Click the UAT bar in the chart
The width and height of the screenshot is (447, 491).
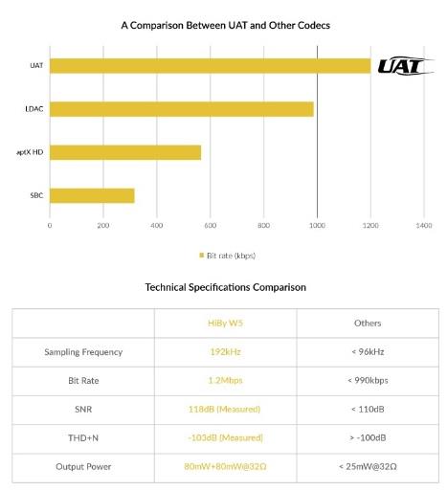(210, 66)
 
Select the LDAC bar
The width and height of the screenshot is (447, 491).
(182, 109)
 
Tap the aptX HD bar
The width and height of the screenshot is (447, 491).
(125, 152)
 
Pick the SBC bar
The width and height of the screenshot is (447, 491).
(92, 195)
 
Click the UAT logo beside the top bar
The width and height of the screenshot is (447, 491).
(406, 66)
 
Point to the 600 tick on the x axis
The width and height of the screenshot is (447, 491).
(210, 226)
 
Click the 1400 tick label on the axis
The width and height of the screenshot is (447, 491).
(424, 226)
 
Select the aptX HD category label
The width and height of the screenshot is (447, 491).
(30, 152)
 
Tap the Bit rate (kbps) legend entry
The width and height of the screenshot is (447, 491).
(227, 256)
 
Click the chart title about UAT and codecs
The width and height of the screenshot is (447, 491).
(225, 25)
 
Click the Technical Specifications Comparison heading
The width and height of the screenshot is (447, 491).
(226, 287)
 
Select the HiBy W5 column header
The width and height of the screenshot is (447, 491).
(225, 323)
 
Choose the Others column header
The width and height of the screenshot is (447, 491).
(368, 323)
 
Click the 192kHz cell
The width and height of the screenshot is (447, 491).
(225, 351)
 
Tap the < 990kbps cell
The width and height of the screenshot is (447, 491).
(368, 380)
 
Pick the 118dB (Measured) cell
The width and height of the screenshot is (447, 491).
(224, 409)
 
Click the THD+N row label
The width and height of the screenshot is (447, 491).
(83, 437)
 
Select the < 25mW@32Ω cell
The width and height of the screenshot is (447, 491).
(368, 466)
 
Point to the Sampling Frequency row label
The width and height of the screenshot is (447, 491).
(83, 352)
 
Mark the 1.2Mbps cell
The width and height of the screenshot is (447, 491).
(225, 380)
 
